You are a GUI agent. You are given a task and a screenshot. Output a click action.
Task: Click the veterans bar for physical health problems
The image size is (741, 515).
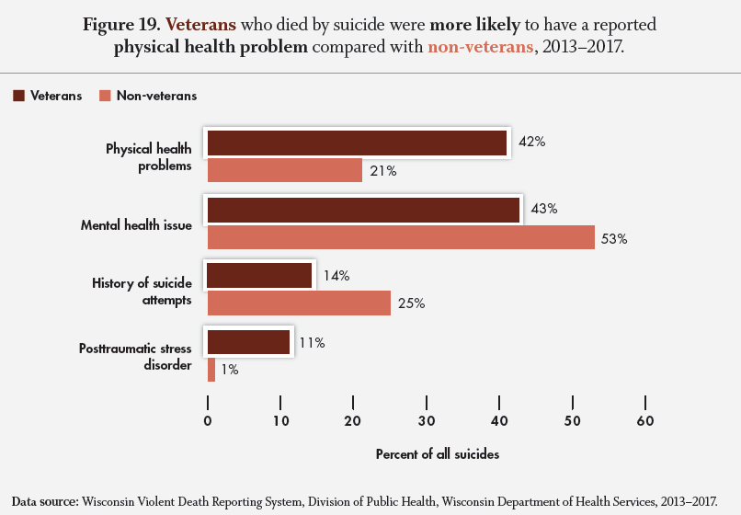(357, 143)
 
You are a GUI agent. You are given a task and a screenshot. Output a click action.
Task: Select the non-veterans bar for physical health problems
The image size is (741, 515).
(284, 170)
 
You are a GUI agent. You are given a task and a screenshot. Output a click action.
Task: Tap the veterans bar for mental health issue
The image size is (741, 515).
(363, 210)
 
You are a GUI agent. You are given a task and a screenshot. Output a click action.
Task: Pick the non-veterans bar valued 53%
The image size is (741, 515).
(401, 237)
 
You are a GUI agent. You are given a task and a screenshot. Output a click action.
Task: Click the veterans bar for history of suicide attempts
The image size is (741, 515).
(259, 276)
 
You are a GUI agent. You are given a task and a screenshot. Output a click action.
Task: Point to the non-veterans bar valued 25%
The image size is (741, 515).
(299, 303)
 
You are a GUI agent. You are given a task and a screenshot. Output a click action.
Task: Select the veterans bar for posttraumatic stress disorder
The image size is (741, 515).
(248, 342)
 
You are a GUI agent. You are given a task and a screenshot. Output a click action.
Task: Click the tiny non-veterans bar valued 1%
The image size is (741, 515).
(211, 370)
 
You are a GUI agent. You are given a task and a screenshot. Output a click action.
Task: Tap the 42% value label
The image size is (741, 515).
(531, 143)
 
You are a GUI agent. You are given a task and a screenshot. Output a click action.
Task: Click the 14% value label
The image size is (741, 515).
(336, 276)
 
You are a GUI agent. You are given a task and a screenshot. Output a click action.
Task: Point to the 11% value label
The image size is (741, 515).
(312, 343)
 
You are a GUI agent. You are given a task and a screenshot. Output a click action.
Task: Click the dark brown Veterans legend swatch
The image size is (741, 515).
(18, 96)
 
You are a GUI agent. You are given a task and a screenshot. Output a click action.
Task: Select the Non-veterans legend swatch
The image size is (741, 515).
(105, 96)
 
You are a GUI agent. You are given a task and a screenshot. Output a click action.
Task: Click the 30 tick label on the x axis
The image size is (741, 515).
(426, 421)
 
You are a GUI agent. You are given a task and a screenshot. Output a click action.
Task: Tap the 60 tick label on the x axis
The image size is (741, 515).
(644, 421)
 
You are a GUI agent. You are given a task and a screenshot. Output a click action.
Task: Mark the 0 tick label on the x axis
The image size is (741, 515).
(208, 421)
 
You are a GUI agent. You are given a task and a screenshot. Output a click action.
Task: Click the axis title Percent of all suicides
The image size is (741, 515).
(437, 454)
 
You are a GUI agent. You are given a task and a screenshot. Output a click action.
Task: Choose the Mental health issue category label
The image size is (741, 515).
(136, 224)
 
